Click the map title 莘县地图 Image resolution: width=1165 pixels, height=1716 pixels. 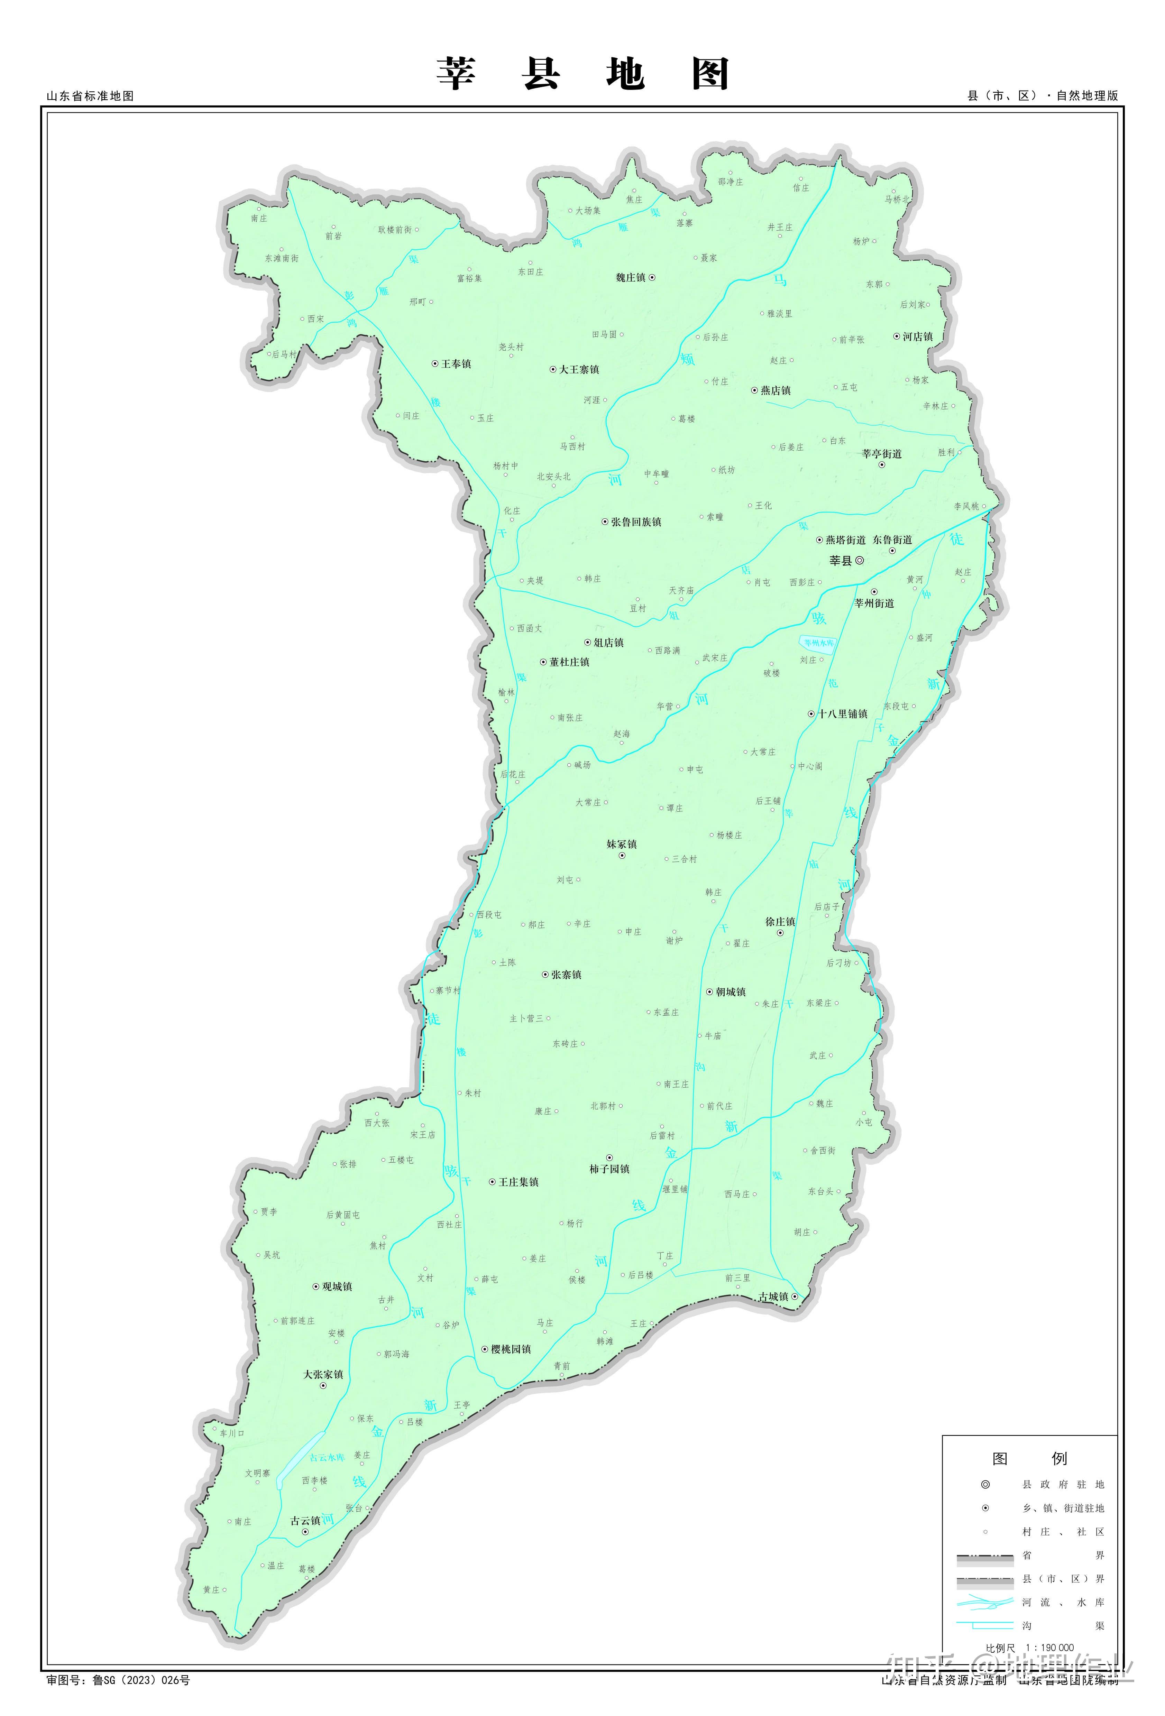tap(582, 74)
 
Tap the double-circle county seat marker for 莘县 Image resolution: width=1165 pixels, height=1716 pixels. tap(859, 561)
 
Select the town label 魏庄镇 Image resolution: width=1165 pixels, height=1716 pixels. tap(630, 278)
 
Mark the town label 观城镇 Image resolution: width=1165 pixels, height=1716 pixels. tap(337, 1286)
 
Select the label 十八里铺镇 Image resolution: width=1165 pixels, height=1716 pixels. tap(842, 714)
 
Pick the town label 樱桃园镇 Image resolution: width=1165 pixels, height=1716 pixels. tap(511, 1349)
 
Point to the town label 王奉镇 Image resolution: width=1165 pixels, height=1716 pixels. tap(456, 364)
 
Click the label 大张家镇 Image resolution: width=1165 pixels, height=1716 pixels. tap(323, 1374)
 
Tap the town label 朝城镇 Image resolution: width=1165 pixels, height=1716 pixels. tap(731, 991)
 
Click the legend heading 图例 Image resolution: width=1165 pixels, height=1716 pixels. tap(1029, 1458)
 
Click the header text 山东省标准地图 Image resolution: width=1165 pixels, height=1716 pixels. tap(90, 96)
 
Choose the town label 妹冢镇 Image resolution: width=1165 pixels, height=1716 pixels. tap(621, 844)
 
